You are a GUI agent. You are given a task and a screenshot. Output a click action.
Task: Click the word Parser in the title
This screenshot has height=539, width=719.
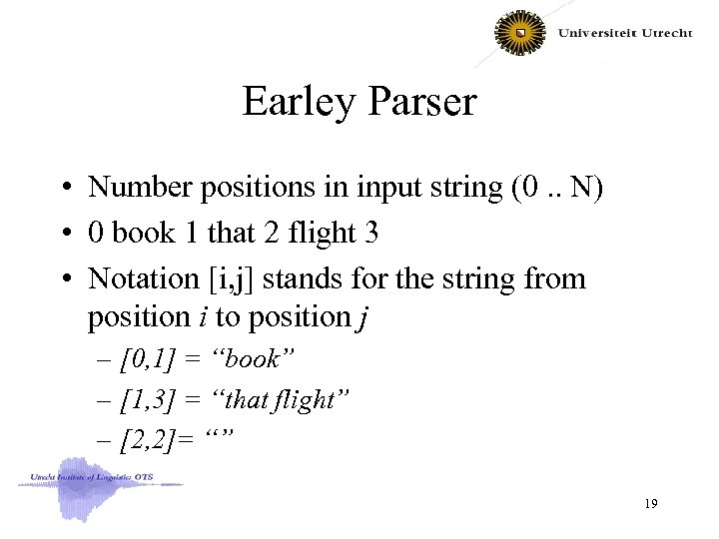[x=420, y=102]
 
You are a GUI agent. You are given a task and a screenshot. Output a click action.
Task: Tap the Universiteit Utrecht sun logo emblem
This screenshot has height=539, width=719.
[x=521, y=34]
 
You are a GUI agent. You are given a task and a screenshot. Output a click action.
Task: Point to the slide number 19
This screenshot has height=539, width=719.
[x=651, y=506]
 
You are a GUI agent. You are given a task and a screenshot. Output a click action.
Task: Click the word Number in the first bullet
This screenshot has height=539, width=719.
[x=136, y=187]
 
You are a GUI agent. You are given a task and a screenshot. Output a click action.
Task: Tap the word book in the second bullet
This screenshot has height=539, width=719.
[x=142, y=233]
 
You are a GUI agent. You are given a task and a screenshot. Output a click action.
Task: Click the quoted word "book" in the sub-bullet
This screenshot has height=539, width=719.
[x=256, y=356]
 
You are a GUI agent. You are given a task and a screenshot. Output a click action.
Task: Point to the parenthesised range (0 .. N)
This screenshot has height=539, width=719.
[x=544, y=187]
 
